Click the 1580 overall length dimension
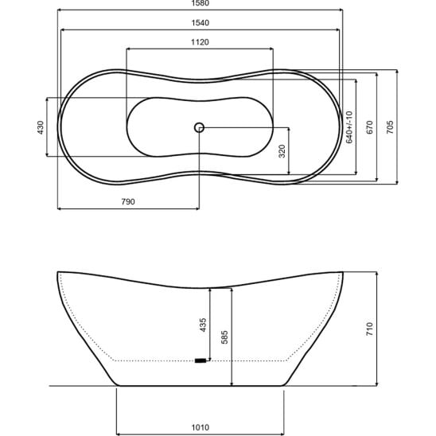200,3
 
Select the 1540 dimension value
200,23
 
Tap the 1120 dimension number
200,42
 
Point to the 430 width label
41,127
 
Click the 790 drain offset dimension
128,201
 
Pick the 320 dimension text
282,151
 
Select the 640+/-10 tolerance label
349,127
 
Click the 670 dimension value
369,127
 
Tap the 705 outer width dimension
390,127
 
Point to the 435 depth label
203,325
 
